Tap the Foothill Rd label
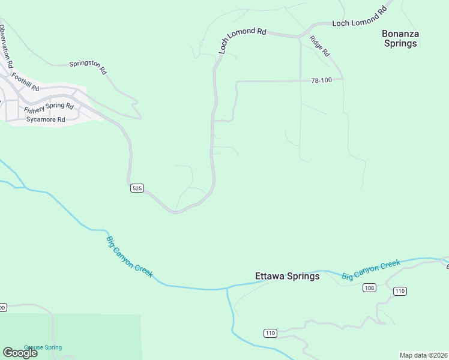25,82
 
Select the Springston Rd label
88,67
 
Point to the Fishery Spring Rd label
49,108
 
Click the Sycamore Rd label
45,119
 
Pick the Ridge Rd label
320,46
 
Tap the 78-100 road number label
322,80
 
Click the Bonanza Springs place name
400,38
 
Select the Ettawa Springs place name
287,277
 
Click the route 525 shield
137,188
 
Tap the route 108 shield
369,288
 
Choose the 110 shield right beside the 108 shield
400,291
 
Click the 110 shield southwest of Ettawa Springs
270,333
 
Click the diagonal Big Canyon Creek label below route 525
130,257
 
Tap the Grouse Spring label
43,347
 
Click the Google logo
20,353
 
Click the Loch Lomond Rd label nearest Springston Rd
242,41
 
